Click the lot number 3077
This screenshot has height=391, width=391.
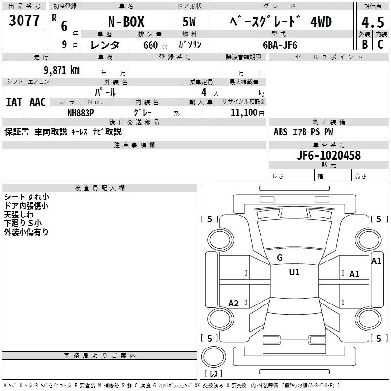click(24, 20)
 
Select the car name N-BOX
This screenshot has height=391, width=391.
click(126, 22)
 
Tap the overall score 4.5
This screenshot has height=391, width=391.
click(372, 22)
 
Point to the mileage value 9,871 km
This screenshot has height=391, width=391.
click(62, 70)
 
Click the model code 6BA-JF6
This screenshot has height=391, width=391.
click(280, 45)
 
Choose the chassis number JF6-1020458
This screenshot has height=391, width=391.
click(328, 155)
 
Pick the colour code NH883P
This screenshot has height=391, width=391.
click(81, 113)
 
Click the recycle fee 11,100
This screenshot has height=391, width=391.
click(244, 113)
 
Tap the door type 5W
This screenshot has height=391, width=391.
click(189, 22)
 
